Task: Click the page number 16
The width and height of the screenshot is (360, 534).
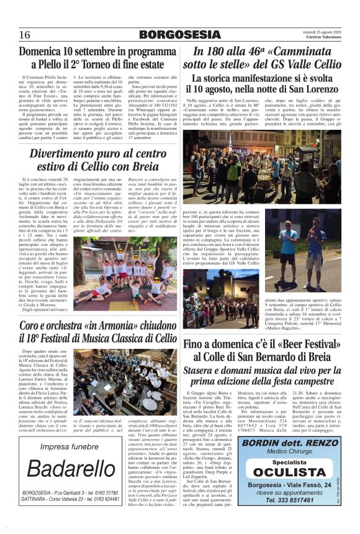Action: click(x=25, y=34)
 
